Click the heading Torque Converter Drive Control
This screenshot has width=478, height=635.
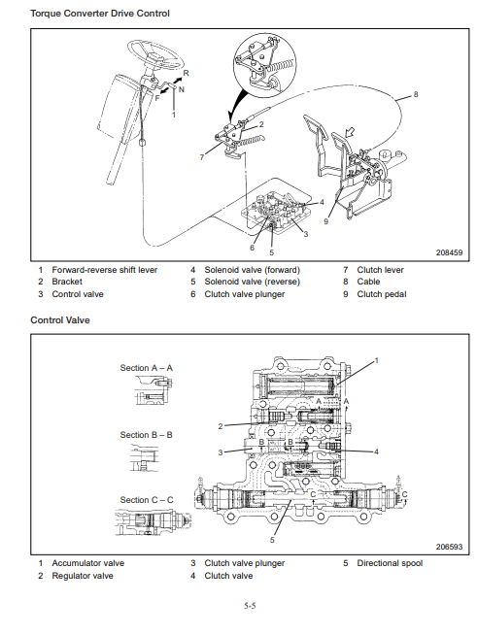click(100, 14)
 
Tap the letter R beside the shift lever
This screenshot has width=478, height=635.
click(186, 73)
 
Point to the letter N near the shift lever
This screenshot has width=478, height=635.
click(181, 89)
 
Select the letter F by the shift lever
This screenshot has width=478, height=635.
click(157, 98)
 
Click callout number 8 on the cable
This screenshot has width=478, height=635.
click(415, 94)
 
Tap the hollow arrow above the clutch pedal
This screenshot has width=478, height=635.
click(349, 132)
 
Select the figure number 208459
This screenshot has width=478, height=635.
click(449, 252)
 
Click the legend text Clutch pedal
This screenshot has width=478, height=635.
click(382, 294)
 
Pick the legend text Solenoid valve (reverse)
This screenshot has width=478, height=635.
click(252, 282)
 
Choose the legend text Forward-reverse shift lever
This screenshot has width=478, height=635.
click(105, 270)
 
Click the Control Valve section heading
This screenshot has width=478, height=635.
click(60, 320)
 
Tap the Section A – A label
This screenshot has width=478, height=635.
click(147, 368)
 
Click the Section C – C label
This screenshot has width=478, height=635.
click(147, 500)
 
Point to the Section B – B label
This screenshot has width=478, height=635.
click(147, 435)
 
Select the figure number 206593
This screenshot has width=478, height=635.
click(449, 547)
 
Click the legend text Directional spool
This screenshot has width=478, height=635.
click(390, 563)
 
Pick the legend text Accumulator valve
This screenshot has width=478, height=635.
click(87, 563)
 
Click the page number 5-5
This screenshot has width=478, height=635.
click(250, 606)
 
